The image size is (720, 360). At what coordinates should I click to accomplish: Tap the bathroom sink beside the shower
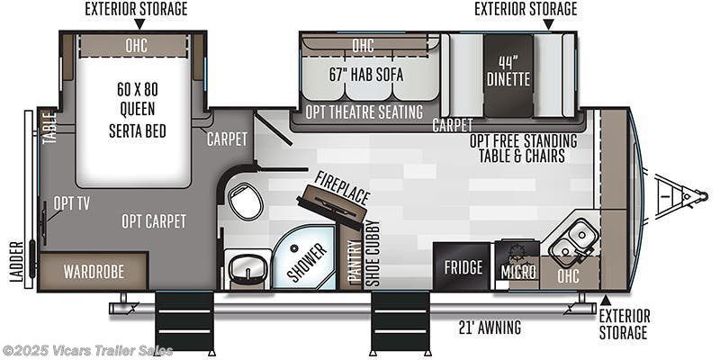(x=247, y=268)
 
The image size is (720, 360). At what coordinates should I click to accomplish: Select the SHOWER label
(x=307, y=262)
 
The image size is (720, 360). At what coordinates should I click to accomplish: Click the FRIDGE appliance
(x=463, y=266)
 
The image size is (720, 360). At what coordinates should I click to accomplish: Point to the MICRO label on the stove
(x=518, y=272)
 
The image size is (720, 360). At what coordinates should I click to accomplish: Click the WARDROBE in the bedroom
(x=94, y=271)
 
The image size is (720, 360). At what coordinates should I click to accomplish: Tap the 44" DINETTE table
(x=508, y=76)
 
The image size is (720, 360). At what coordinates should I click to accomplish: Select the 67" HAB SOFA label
(x=366, y=75)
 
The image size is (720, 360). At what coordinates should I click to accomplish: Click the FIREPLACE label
(x=342, y=188)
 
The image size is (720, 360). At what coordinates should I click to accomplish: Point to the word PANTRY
(x=353, y=264)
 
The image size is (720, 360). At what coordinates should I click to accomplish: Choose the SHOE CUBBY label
(x=374, y=254)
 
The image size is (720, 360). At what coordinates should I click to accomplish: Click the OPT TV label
(x=71, y=203)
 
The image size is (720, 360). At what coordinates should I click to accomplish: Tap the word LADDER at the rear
(x=16, y=262)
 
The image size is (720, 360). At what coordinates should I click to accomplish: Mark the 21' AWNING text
(x=490, y=328)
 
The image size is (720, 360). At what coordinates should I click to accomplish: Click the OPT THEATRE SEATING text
(x=364, y=112)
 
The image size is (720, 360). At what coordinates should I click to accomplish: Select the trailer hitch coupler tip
(x=704, y=196)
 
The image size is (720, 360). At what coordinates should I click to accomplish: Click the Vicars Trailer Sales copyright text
(x=86, y=351)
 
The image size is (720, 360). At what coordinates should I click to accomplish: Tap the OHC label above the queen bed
(x=137, y=46)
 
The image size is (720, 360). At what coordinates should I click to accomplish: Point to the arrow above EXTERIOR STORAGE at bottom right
(x=606, y=301)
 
